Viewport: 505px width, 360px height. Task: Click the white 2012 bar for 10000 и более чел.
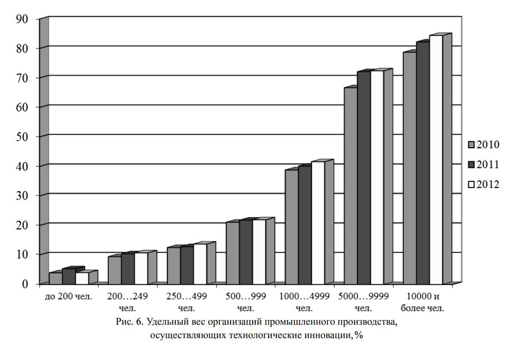(x=436, y=160)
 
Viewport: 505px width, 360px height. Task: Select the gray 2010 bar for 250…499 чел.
(x=173, y=265)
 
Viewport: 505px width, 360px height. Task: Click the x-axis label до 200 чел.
(x=68, y=296)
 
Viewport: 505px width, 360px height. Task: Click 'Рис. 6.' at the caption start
(x=130, y=323)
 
